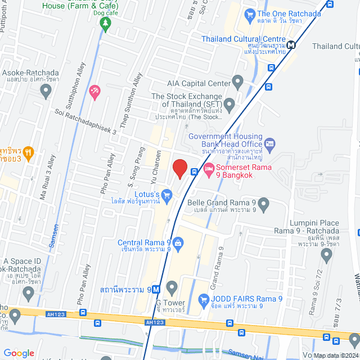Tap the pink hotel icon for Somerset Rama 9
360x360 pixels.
tap(208, 168)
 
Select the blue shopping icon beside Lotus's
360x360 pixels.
tap(166, 195)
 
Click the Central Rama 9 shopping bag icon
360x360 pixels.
tap(178, 243)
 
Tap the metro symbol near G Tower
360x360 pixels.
tap(156, 290)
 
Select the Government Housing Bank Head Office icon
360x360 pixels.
tap(269, 145)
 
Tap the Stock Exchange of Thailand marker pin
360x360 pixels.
tap(229, 104)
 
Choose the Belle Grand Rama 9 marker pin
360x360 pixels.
tap(263, 203)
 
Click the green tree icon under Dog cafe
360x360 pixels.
tap(105, 22)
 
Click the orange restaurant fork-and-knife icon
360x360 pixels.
tap(29, 152)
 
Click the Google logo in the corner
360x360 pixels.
tap(19, 353)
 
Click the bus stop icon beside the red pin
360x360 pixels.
tap(193, 172)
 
